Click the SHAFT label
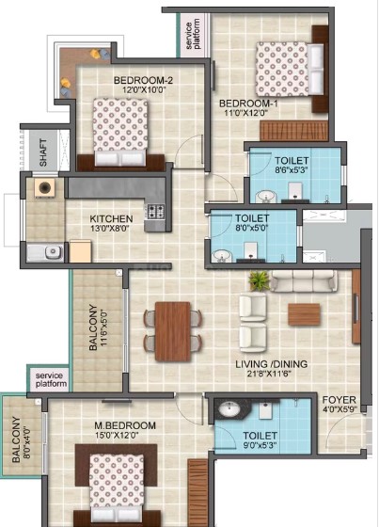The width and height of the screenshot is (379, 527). (43, 152)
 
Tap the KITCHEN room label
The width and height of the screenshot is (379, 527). (111, 218)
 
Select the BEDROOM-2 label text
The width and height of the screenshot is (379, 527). (143, 80)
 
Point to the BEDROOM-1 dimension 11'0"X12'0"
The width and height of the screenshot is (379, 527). (246, 113)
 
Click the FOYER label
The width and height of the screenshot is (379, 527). (339, 400)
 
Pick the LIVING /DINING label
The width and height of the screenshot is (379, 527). (271, 364)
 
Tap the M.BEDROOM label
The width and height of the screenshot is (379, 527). (125, 425)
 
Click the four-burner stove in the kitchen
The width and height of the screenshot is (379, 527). (155, 212)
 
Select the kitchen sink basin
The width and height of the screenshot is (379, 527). (53, 252)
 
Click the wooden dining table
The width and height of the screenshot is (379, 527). (173, 331)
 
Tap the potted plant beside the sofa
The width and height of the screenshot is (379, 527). (259, 280)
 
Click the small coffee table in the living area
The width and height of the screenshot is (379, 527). (304, 314)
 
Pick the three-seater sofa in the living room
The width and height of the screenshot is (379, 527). (304, 281)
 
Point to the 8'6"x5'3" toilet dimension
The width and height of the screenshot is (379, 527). (292, 169)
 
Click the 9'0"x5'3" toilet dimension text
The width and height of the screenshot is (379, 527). (261, 446)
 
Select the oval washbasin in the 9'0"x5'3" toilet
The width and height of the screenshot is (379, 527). (229, 408)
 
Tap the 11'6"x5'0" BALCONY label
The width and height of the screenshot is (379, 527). (98, 327)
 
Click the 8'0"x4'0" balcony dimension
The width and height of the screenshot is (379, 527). (27, 439)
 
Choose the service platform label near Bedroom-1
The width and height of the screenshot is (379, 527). (193, 34)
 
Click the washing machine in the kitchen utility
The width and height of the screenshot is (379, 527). (45, 187)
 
